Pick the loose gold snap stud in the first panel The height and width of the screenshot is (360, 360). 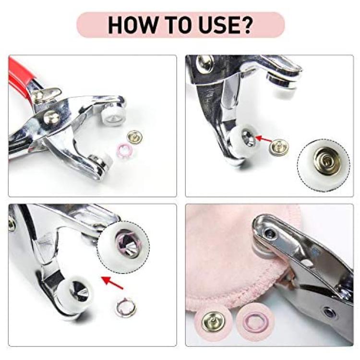pos(134,137)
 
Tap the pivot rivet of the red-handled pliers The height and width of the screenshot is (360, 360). pos(51,117)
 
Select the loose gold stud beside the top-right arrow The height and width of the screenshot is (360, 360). pos(279,146)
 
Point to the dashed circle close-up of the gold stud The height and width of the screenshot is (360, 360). pos(323,165)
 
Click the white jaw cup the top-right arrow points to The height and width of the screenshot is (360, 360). pos(243,142)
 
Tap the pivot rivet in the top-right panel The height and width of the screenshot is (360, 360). pos(205,63)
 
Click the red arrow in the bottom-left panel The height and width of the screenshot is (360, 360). pos(112,283)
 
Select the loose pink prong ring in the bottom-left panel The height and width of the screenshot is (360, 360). pos(126,307)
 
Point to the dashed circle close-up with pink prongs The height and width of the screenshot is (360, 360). pos(123,247)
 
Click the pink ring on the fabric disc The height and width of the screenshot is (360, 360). pos(255,322)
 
